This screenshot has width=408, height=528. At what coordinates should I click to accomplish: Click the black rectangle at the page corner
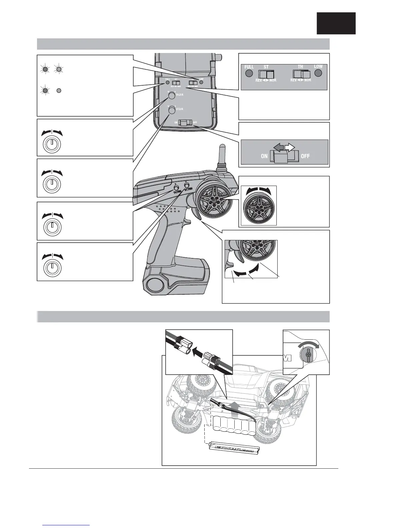pos(336,23)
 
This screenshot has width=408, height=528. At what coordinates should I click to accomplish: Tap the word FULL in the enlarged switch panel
pos(249,67)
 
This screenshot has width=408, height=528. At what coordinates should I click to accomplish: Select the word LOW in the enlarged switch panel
pos(318,67)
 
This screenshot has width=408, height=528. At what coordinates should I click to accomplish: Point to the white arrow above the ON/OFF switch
pos(289,147)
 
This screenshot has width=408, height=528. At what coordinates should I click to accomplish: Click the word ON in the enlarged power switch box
pos(264,156)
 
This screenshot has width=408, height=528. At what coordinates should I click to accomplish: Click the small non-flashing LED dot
pos(58,90)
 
